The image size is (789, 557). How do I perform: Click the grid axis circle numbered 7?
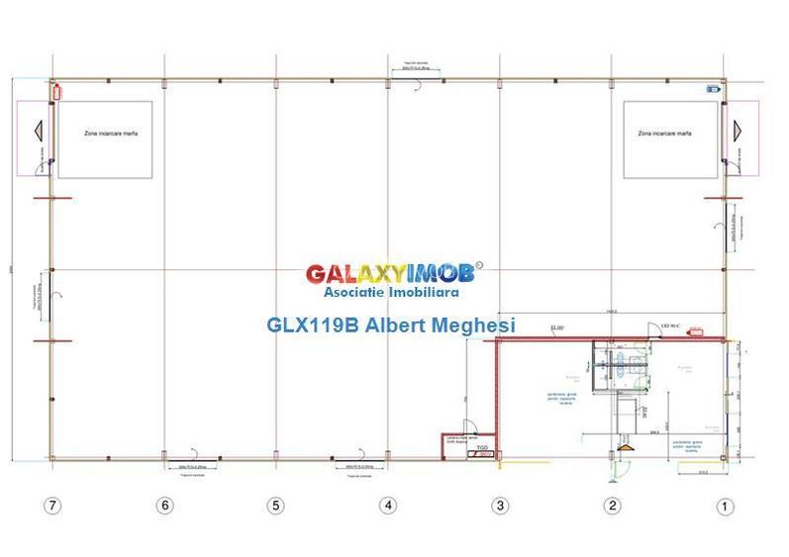[x=52, y=506]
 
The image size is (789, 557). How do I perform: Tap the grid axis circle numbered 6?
[x=164, y=506]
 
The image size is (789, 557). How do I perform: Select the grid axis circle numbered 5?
[x=275, y=506]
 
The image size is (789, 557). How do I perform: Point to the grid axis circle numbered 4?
[x=388, y=506]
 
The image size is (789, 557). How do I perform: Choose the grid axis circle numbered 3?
[x=500, y=506]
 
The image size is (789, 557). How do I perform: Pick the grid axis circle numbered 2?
[x=613, y=506]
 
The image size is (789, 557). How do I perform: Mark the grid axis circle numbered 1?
[x=725, y=507]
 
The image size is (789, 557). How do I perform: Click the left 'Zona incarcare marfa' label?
[x=104, y=133]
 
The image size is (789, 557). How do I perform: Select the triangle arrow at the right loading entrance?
[x=738, y=129]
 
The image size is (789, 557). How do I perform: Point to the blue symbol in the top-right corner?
[x=712, y=89]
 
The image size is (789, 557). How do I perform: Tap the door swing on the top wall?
[x=421, y=86]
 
